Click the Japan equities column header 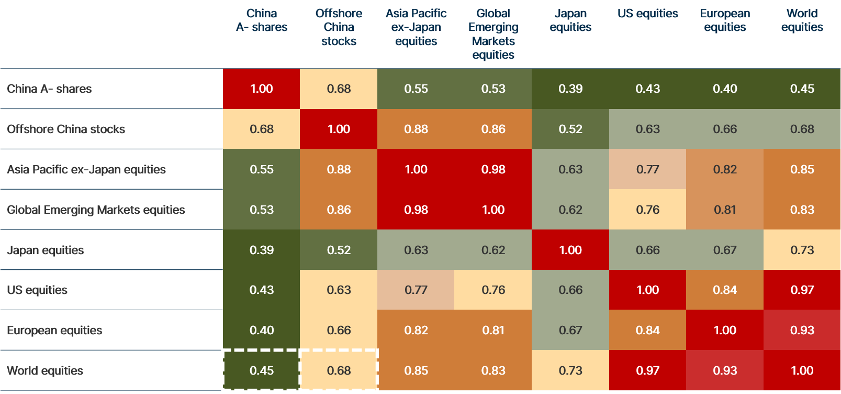[x=570, y=20]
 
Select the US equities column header [x=647, y=14]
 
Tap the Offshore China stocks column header [x=339, y=27]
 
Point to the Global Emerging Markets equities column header [x=493, y=34]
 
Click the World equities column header [x=802, y=20]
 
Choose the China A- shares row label [x=49, y=89]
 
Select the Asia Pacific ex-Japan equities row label [x=86, y=170]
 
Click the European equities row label [x=54, y=331]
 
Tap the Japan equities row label [x=46, y=250]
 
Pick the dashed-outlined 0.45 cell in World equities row [x=261, y=370]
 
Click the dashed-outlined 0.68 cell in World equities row [x=339, y=370]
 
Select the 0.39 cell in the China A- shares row [x=570, y=89]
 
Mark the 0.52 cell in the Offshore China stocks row [x=570, y=129]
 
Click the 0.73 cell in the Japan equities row [x=802, y=250]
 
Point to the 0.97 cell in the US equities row [x=802, y=290]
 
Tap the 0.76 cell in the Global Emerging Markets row [x=647, y=210]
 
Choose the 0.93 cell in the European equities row [x=802, y=331]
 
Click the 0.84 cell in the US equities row [x=725, y=290]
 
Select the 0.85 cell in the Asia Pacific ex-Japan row [x=802, y=170]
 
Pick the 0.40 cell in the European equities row [x=261, y=331]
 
